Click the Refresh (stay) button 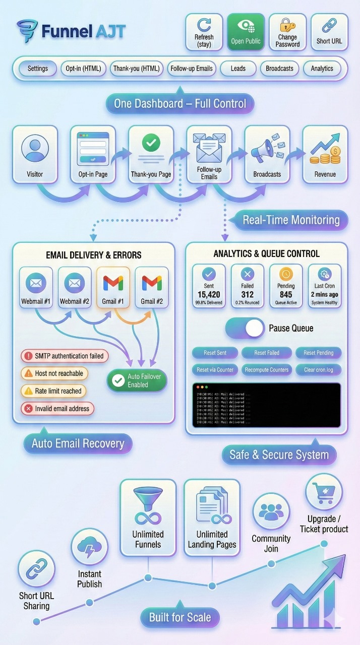coord(204,32)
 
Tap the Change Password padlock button coord(287,32)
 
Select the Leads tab coord(238,69)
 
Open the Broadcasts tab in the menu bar coord(280,69)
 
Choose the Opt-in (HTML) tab coord(83,69)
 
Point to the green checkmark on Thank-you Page coord(151,143)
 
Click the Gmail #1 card coord(113,288)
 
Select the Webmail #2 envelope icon coord(75,283)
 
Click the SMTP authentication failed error coord(65,356)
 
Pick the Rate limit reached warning coord(53,391)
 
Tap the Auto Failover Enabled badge coord(137,380)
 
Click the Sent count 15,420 coord(209,294)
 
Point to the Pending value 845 coord(286,294)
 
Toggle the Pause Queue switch coord(245,328)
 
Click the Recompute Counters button coord(267,370)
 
